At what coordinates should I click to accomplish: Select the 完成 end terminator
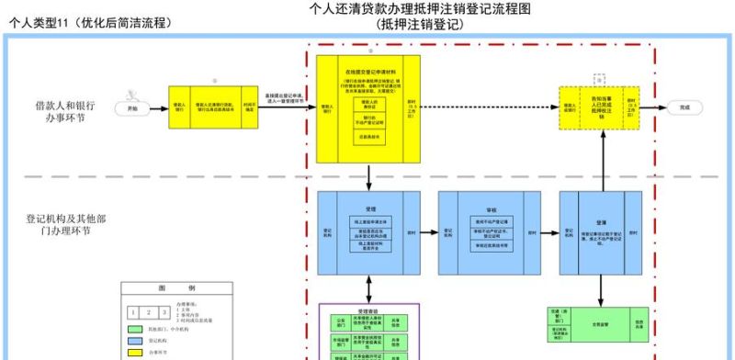coord(684,107)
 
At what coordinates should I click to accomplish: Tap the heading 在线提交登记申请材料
coord(370,71)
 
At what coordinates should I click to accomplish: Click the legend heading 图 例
coord(161,287)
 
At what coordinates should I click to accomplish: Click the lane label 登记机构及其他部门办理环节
coord(59,225)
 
